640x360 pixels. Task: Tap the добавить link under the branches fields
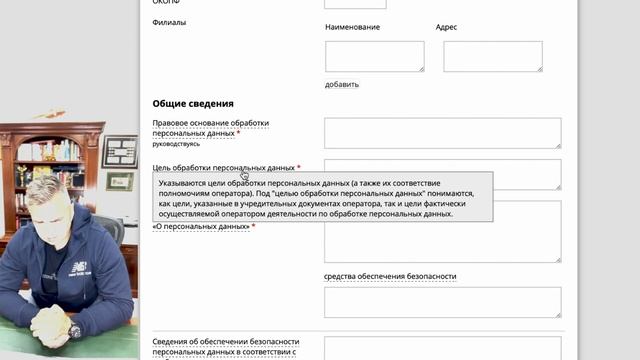click(342, 84)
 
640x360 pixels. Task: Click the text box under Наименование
click(374, 56)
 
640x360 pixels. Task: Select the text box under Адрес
click(492, 56)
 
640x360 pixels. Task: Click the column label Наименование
click(353, 27)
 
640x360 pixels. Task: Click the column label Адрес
click(447, 27)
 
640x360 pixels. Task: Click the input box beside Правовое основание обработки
click(442, 133)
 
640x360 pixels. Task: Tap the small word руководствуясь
click(175, 144)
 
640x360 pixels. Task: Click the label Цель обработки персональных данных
click(223, 168)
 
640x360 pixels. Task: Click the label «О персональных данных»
click(201, 227)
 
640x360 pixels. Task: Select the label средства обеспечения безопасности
click(390, 276)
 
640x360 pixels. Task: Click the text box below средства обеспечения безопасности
click(442, 302)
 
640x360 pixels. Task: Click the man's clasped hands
click(45, 325)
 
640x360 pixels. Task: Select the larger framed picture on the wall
click(119, 151)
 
